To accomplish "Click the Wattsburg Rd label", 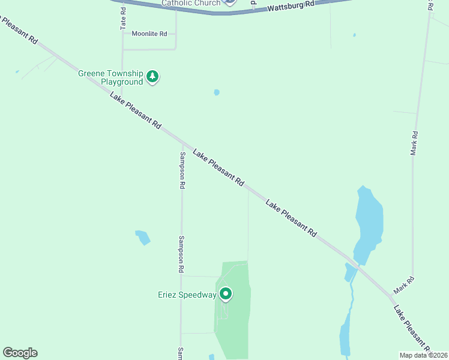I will click(x=291, y=5).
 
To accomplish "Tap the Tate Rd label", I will click(x=123, y=17).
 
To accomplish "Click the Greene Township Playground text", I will click(x=110, y=77).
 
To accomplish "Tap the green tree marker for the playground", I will click(x=153, y=76).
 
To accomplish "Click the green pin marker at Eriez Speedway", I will click(x=226, y=294).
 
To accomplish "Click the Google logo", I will click(x=20, y=353).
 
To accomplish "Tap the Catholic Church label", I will click(x=190, y=3).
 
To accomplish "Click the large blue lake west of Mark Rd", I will click(x=369, y=222).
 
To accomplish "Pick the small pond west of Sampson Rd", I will click(x=143, y=237).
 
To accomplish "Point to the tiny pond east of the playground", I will click(x=217, y=92).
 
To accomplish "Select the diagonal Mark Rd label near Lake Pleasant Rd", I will click(x=404, y=284).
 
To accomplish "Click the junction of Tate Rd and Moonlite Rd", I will click(x=122, y=34).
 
